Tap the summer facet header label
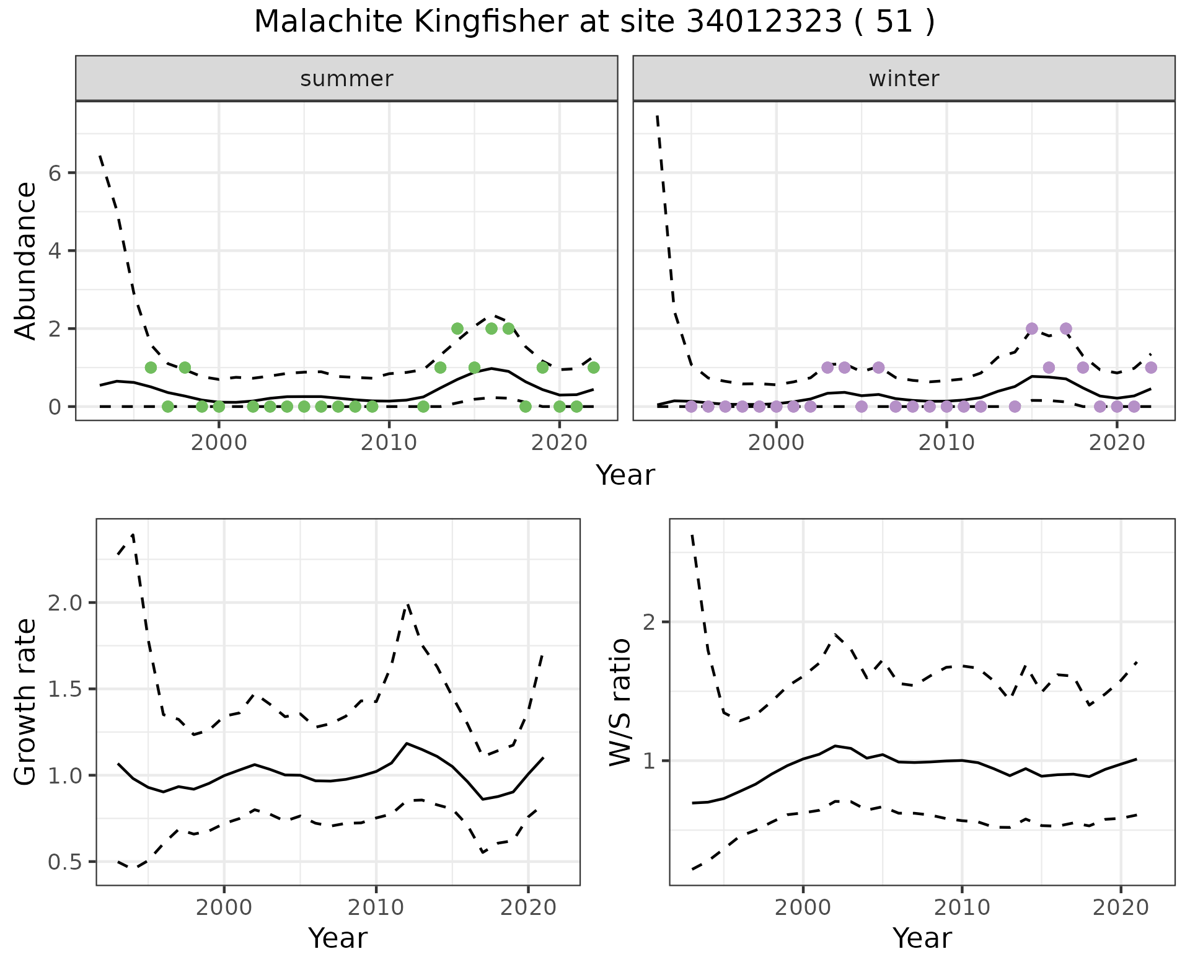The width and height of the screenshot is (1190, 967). click(x=346, y=79)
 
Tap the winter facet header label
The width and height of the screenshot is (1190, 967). click(x=904, y=79)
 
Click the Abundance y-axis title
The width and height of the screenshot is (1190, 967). click(x=26, y=260)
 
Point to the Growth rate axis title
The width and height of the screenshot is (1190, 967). click(x=26, y=702)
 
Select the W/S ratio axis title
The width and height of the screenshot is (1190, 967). click(x=620, y=702)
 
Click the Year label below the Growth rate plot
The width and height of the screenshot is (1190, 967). click(x=338, y=938)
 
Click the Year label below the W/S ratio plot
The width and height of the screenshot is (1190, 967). click(x=922, y=938)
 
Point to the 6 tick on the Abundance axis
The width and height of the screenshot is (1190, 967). click(x=55, y=173)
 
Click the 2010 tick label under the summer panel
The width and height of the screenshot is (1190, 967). click(x=389, y=444)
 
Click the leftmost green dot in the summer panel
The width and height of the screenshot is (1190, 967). click(x=151, y=368)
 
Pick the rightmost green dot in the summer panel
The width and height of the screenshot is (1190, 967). click(x=593, y=368)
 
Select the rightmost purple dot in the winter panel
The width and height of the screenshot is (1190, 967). click(x=1151, y=368)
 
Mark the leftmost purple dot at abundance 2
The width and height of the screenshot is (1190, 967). click(x=1032, y=329)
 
